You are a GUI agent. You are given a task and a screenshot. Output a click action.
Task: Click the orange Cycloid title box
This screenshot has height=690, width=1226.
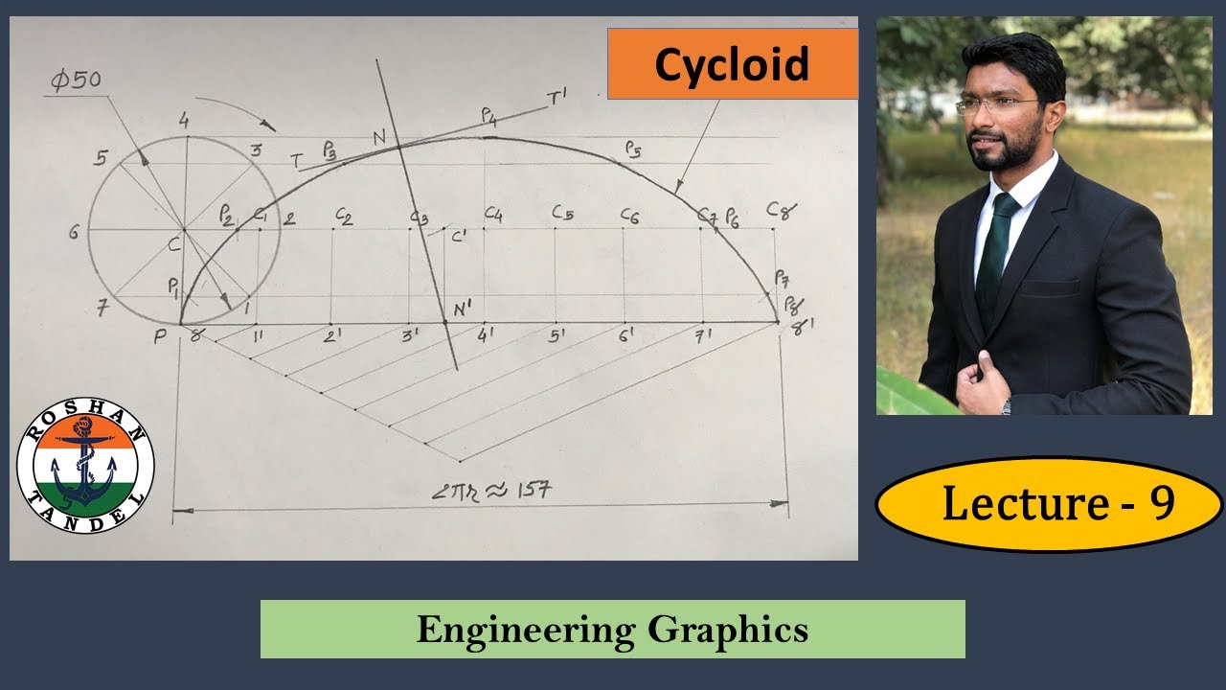[732, 64]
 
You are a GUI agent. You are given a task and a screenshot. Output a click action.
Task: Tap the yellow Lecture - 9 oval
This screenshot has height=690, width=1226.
[1050, 504]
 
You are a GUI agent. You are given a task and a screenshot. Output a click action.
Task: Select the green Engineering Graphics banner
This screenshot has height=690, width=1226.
[612, 630]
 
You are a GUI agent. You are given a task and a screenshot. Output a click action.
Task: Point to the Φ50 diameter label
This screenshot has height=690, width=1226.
[76, 80]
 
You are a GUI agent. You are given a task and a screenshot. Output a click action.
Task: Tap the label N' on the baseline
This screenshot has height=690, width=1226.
[465, 309]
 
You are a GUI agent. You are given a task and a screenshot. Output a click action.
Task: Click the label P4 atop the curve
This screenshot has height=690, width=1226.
[488, 116]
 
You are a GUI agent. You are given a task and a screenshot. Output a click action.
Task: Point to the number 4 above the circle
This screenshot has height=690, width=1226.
[186, 120]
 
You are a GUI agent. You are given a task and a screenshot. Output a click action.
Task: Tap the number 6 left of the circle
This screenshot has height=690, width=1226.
[74, 232]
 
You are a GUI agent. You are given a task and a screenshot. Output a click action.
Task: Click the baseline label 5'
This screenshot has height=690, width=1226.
[556, 336]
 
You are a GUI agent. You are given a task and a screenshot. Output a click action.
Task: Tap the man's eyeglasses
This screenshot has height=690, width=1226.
[996, 104]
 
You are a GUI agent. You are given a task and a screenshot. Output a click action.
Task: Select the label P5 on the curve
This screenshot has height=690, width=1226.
[632, 149]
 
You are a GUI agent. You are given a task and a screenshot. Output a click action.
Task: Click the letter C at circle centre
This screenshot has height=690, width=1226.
[173, 245]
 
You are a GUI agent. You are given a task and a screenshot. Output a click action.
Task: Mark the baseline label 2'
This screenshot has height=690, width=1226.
[332, 336]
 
